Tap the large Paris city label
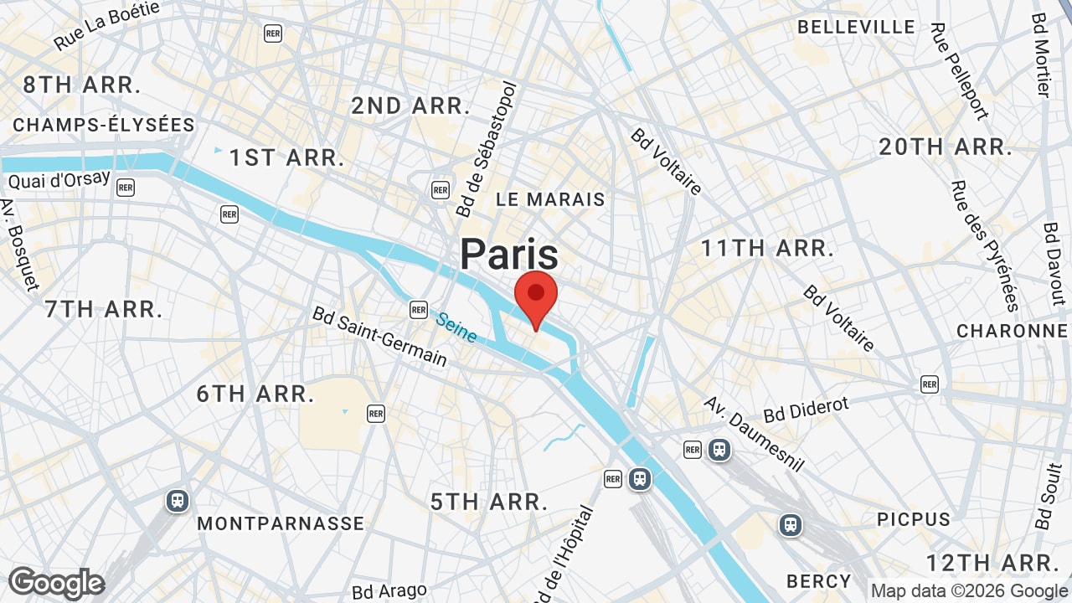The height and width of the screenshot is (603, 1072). tap(509, 253)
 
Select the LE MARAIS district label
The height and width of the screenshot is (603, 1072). tap(550, 199)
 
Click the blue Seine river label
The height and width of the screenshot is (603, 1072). tap(456, 327)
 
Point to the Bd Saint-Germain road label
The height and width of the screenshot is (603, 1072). tap(379, 336)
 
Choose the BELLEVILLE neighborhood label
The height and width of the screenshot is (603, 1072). tap(856, 27)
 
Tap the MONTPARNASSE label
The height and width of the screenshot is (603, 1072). tap(281, 524)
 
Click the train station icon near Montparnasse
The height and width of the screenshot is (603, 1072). tap(177, 501)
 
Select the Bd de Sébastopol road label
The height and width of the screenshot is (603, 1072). tap(485, 149)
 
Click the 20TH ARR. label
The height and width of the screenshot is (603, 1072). tap(946, 147)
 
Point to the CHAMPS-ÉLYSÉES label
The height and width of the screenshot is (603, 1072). tap(104, 125)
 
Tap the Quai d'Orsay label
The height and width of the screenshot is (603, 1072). tap(59, 179)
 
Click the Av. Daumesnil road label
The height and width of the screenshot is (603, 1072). tap(754, 433)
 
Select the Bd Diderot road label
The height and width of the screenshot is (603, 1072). tap(806, 410)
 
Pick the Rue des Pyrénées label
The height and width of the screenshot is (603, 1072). tap(984, 245)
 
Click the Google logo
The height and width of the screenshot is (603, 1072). tap(56, 583)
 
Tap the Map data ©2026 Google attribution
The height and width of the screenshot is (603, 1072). tap(970, 590)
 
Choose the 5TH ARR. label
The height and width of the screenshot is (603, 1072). tap(489, 502)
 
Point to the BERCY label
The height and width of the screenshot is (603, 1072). tap(818, 581)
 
